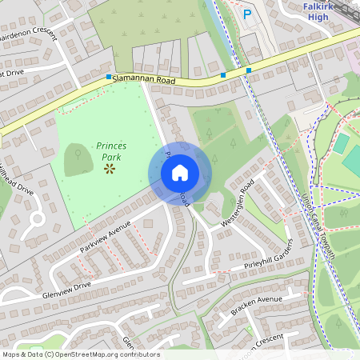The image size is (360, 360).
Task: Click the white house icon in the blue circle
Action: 180,173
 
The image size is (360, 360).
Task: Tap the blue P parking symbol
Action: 246,14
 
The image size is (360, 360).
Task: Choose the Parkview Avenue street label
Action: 105,238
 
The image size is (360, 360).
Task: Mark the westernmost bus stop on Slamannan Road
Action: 109,77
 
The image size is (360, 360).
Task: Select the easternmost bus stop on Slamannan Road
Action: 249,70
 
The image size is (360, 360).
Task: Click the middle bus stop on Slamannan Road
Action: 223,75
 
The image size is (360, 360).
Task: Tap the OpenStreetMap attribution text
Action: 81,354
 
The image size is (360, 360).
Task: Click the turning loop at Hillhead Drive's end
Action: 35,218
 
